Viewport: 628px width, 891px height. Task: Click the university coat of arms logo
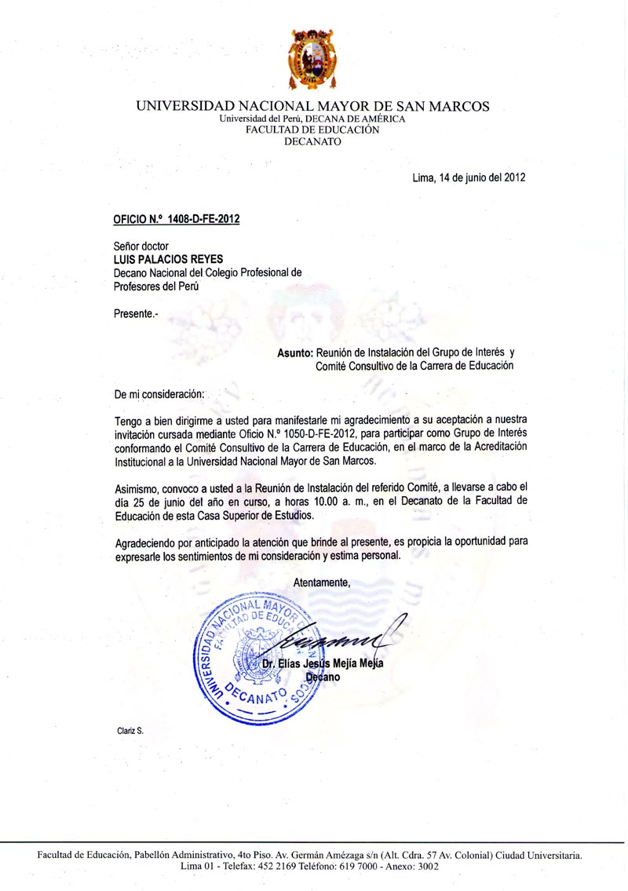pyautogui.click(x=313, y=58)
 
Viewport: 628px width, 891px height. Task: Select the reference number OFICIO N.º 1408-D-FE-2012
pyautogui.click(x=177, y=220)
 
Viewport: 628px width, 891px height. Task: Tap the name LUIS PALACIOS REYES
pyautogui.click(x=169, y=258)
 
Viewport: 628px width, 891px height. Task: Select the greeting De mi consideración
pyautogui.click(x=159, y=392)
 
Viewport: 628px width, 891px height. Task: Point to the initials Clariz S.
pyautogui.click(x=130, y=731)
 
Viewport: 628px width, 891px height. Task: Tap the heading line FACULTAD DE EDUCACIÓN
pyautogui.click(x=312, y=130)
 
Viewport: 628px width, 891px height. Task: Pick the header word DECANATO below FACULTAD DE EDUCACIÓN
pyautogui.click(x=312, y=141)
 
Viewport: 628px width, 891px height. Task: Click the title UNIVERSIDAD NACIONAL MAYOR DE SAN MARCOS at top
pyautogui.click(x=312, y=106)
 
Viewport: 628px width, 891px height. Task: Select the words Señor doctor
pyautogui.click(x=141, y=246)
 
